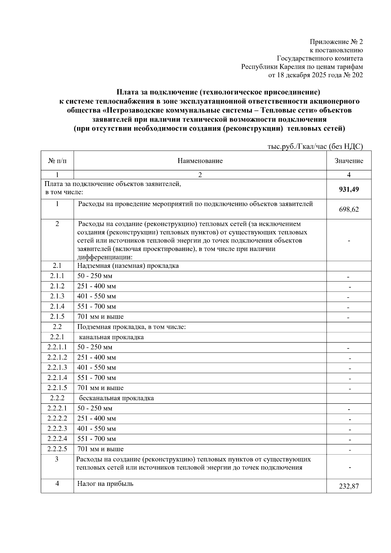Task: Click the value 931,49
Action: pos(349,189)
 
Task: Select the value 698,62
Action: pos(349,210)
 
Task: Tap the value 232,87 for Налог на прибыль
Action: pos(349,486)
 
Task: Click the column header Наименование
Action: pos(200,161)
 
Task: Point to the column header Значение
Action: pos(349,161)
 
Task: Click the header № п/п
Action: pos(57,161)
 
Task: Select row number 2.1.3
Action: pos(57,296)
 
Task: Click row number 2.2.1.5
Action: pos(57,388)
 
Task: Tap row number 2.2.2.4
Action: pos(57,439)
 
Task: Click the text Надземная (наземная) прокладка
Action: pos(128,266)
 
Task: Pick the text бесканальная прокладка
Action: pos(116,398)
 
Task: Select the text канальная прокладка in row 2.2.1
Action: pos(111,337)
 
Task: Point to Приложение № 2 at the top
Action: pos(336,42)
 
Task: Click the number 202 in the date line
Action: pos(357,75)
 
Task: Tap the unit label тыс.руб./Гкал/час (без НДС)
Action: pos(315,147)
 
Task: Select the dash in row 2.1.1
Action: pos(348,277)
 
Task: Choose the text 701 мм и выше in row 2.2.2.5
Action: pos(100,449)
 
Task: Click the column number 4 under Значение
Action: pos(349,175)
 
